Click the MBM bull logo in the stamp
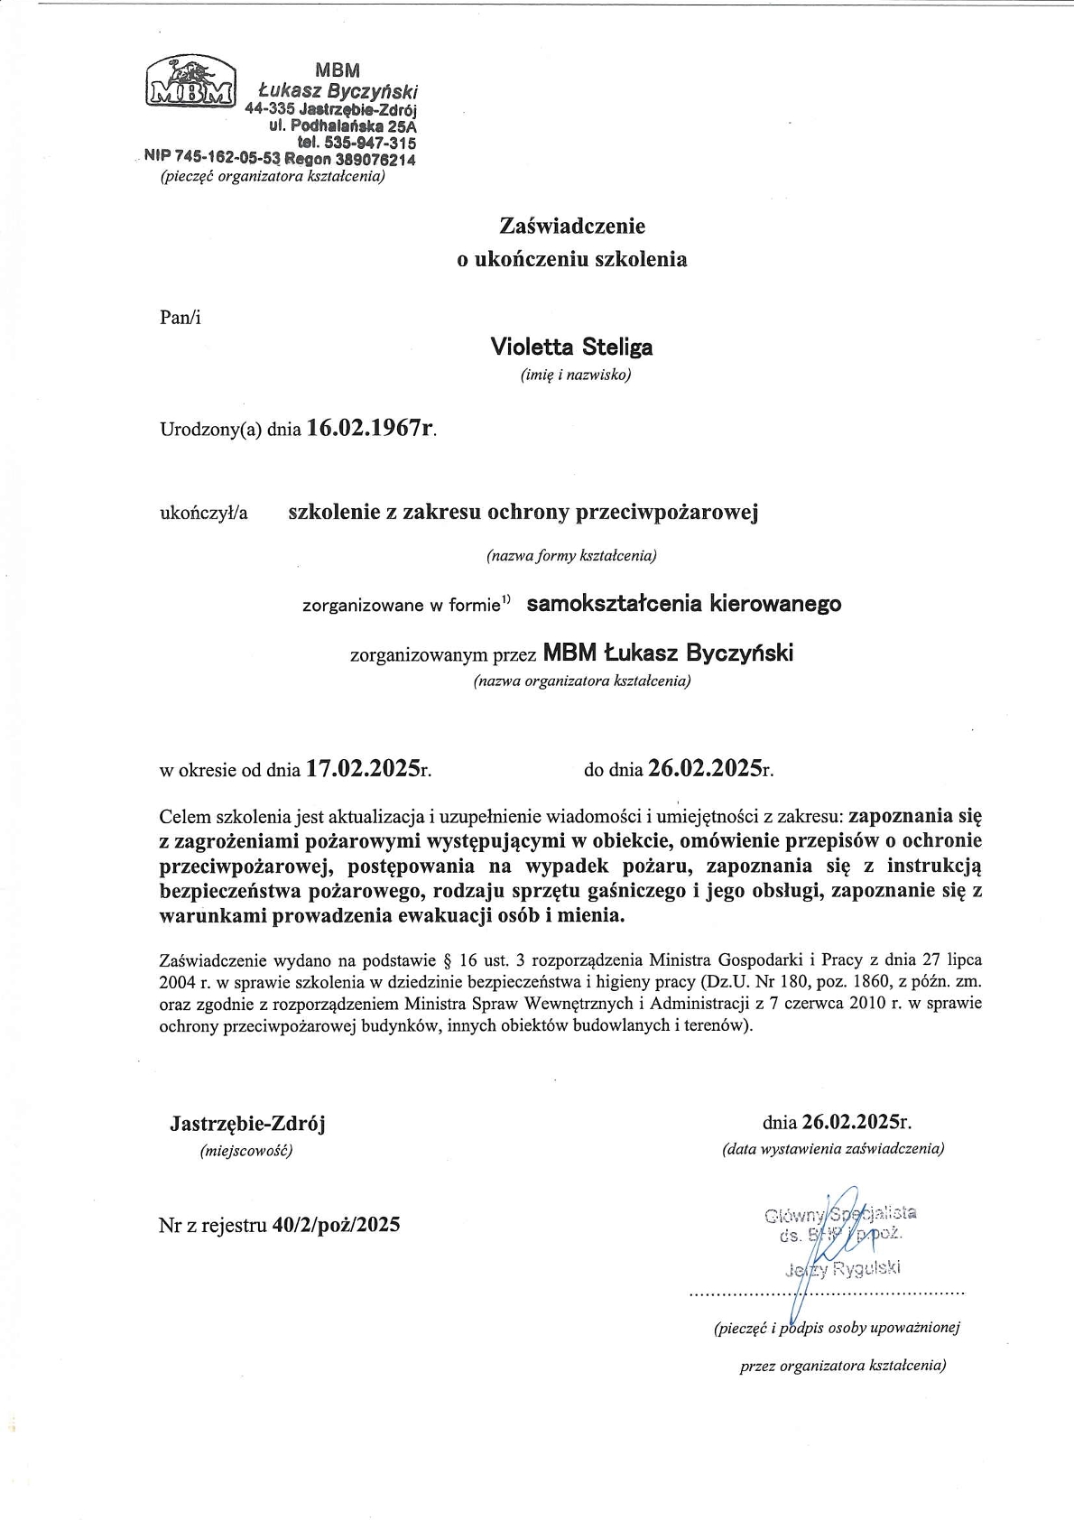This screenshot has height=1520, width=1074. tap(190, 81)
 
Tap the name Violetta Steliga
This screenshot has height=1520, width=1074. tap(571, 347)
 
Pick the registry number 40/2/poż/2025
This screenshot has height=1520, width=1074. tap(336, 1225)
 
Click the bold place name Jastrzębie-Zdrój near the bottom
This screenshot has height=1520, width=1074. tap(247, 1124)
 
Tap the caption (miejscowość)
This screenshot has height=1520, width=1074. tap(245, 1151)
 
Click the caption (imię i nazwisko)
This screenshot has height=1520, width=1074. tap(575, 375)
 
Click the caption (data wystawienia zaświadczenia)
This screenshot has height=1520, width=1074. tap(832, 1149)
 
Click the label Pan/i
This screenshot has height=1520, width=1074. tap(180, 317)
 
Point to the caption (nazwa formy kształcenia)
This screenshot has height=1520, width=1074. tap(571, 556)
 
